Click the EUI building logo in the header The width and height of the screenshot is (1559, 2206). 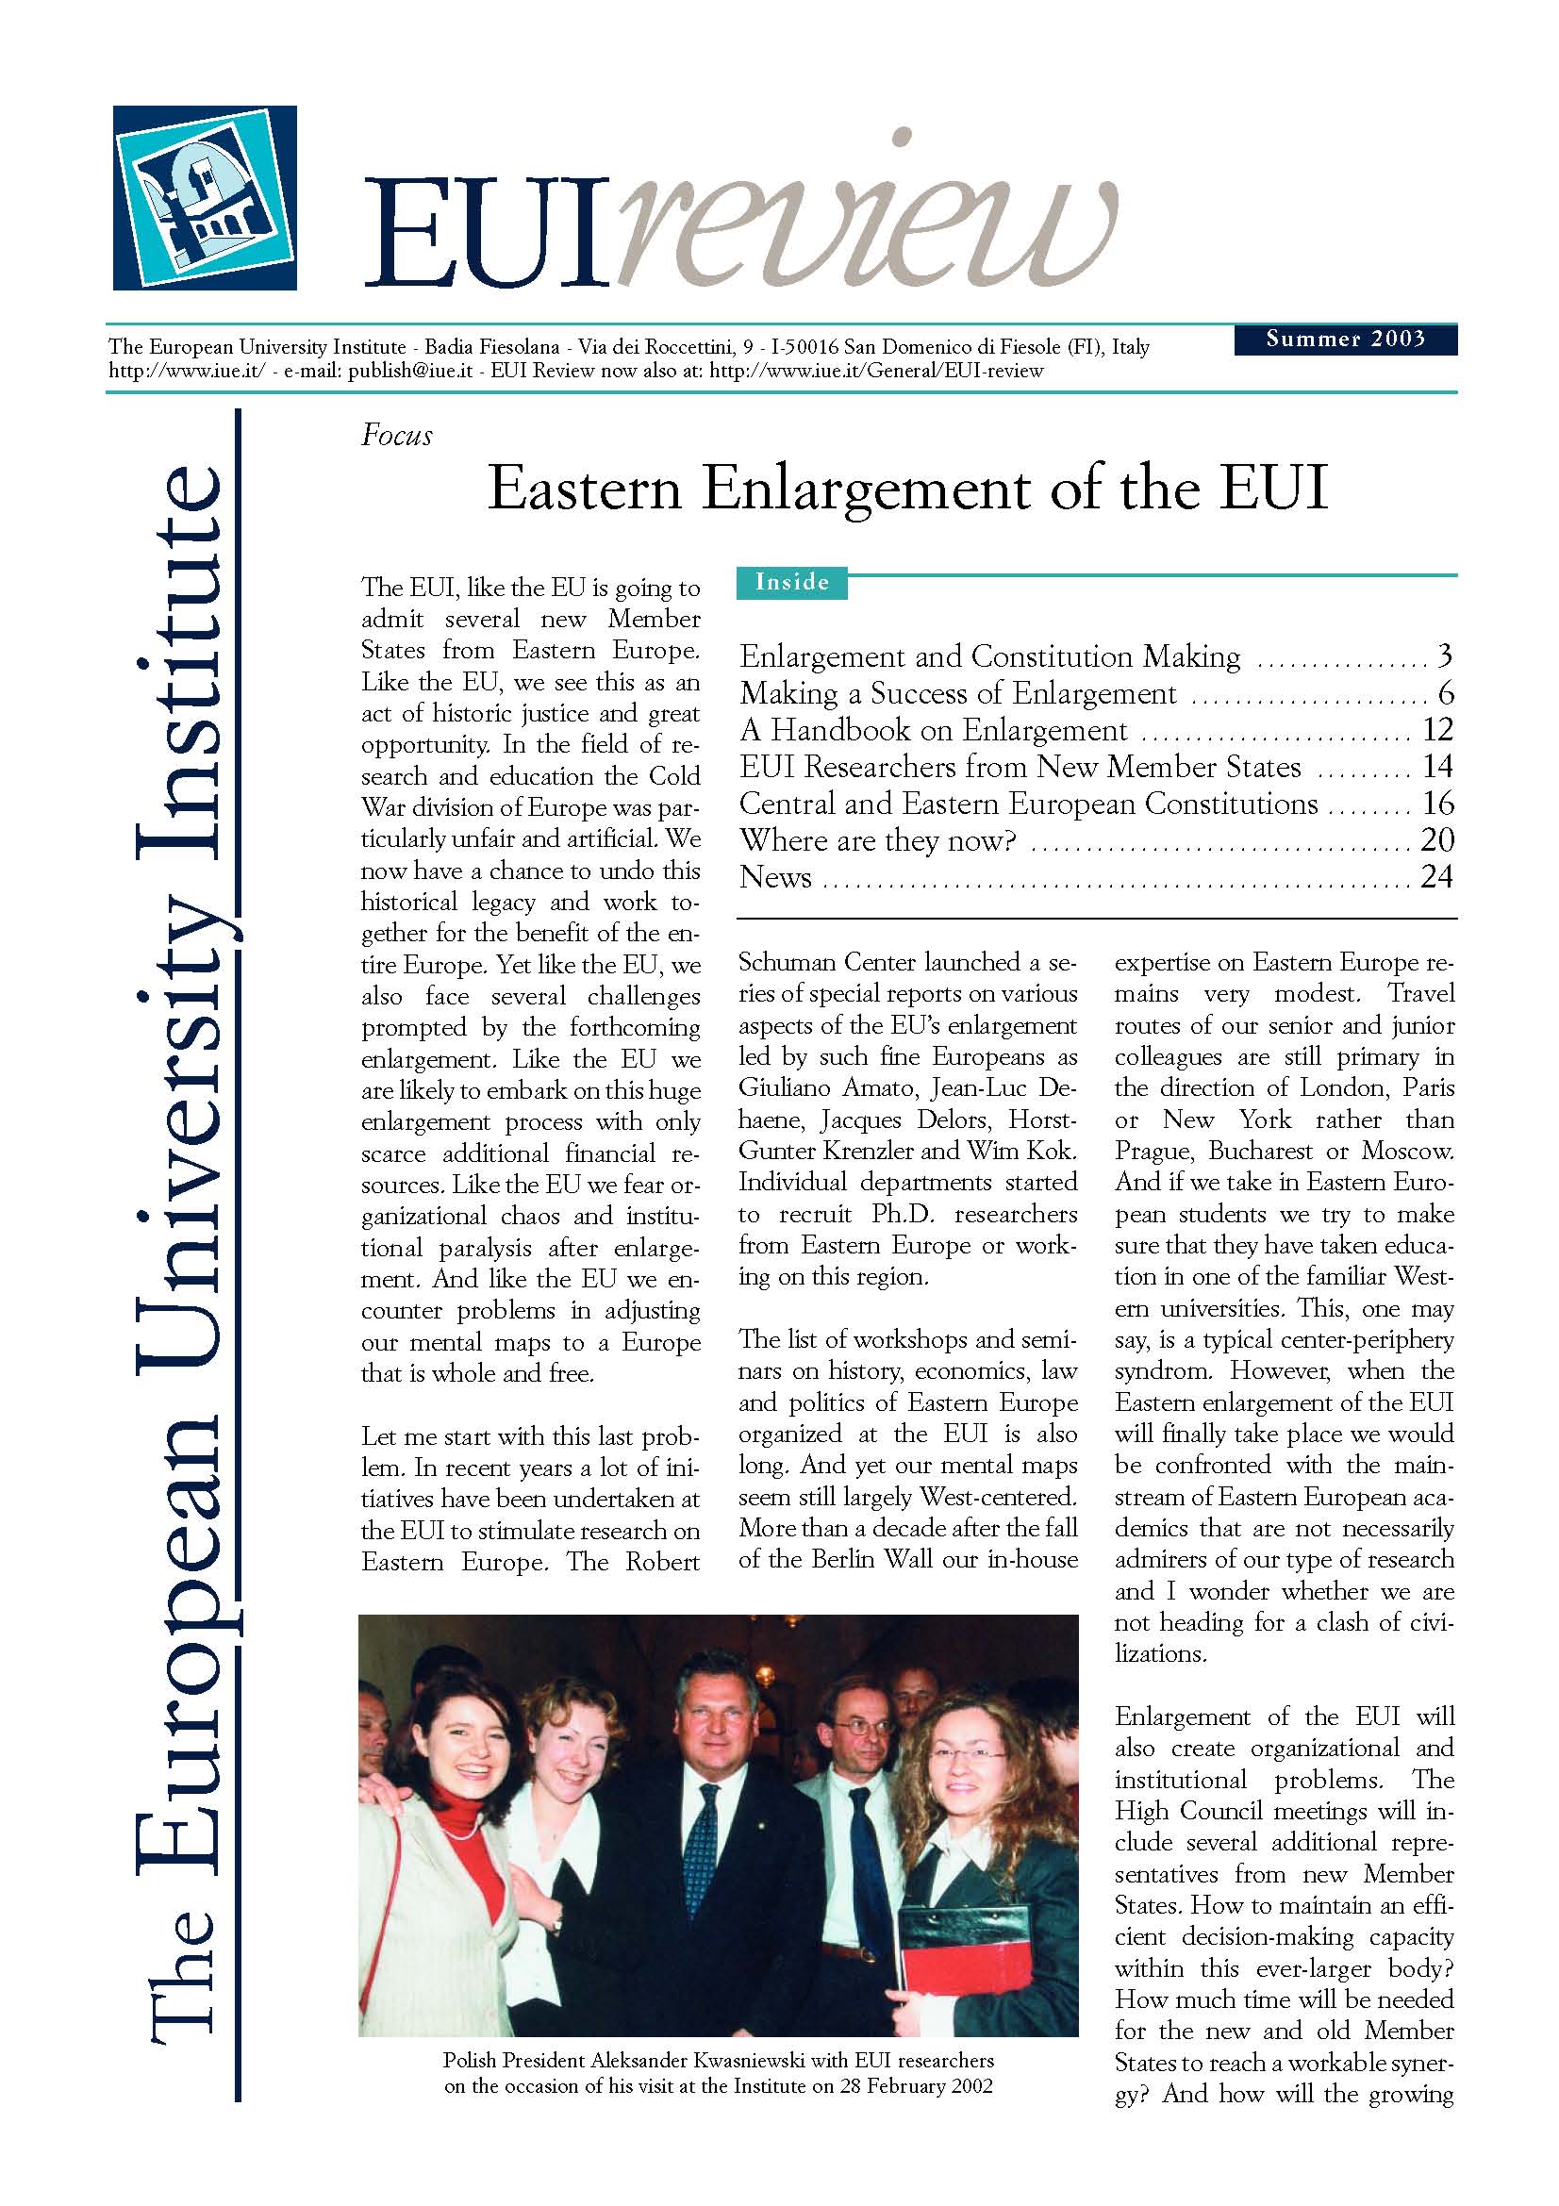tap(205, 198)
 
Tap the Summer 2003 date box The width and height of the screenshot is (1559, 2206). tap(1345, 340)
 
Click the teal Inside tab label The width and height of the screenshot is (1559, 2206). tap(791, 582)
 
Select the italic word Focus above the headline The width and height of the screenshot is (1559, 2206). tap(397, 437)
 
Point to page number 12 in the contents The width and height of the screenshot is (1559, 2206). tap(1437, 730)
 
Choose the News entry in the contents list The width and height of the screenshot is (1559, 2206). tap(775, 877)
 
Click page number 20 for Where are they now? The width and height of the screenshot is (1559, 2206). tap(1437, 840)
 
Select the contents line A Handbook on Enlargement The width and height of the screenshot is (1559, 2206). tap(933, 730)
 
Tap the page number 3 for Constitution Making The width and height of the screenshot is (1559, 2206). tap(1444, 657)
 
